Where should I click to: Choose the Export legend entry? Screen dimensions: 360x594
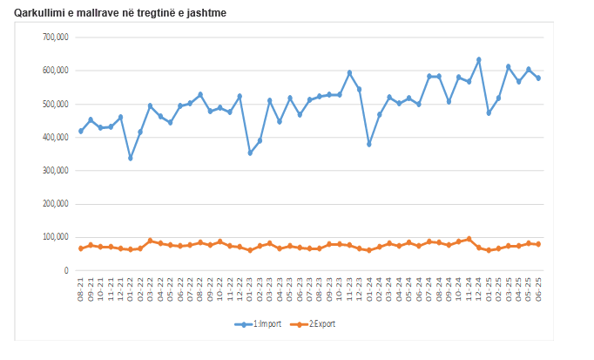click(314, 323)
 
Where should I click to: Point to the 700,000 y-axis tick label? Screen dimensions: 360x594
click(55, 37)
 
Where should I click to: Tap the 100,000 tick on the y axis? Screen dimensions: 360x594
click(55, 237)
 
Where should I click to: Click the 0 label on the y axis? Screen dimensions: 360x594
click(65, 270)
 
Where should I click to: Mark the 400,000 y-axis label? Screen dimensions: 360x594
click(55, 137)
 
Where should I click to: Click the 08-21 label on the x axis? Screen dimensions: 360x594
click(81, 290)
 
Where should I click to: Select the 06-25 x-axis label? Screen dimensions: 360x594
click(538, 290)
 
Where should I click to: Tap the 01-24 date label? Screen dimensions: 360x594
click(369, 290)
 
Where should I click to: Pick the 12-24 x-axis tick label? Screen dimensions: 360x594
click(479, 290)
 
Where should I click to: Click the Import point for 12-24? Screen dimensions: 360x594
click(478, 59)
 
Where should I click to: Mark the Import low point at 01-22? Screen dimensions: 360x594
click(131, 158)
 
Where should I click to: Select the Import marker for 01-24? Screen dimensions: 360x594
click(369, 144)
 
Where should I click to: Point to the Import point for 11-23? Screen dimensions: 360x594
click(349, 72)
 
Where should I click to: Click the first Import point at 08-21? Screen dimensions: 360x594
click(81, 131)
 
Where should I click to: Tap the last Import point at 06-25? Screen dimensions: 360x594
click(538, 78)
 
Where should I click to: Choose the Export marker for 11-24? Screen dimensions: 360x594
click(469, 239)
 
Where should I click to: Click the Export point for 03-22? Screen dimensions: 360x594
click(151, 241)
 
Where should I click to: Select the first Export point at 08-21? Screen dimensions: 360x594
click(81, 248)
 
